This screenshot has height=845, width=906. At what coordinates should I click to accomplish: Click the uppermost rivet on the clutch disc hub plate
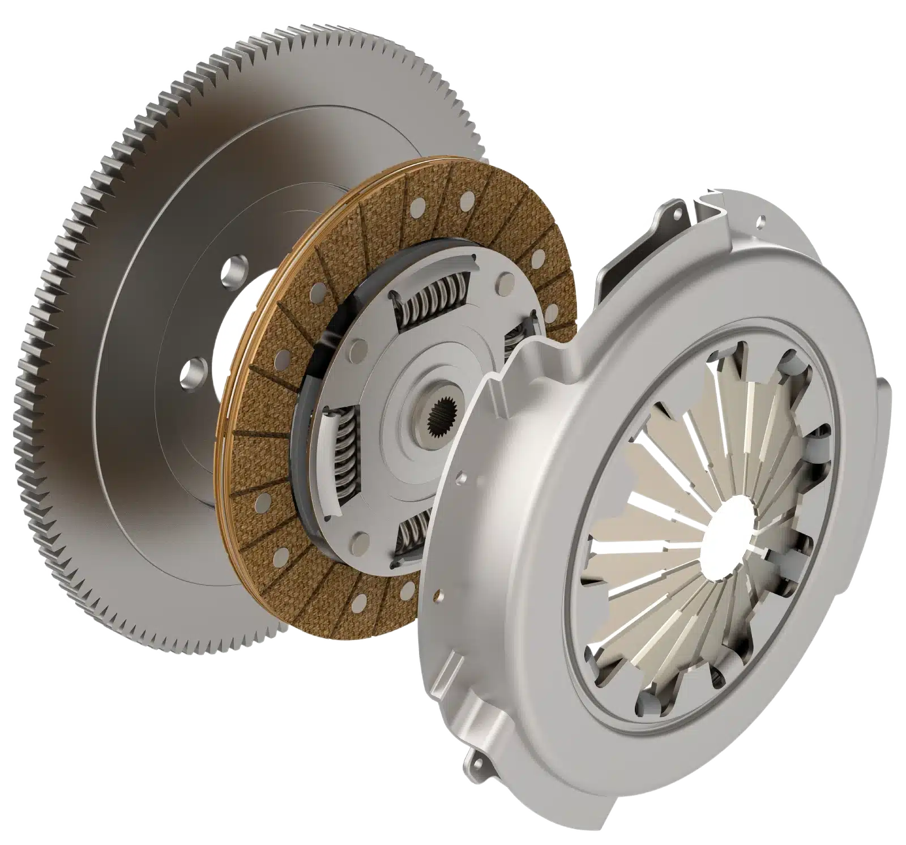502,287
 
